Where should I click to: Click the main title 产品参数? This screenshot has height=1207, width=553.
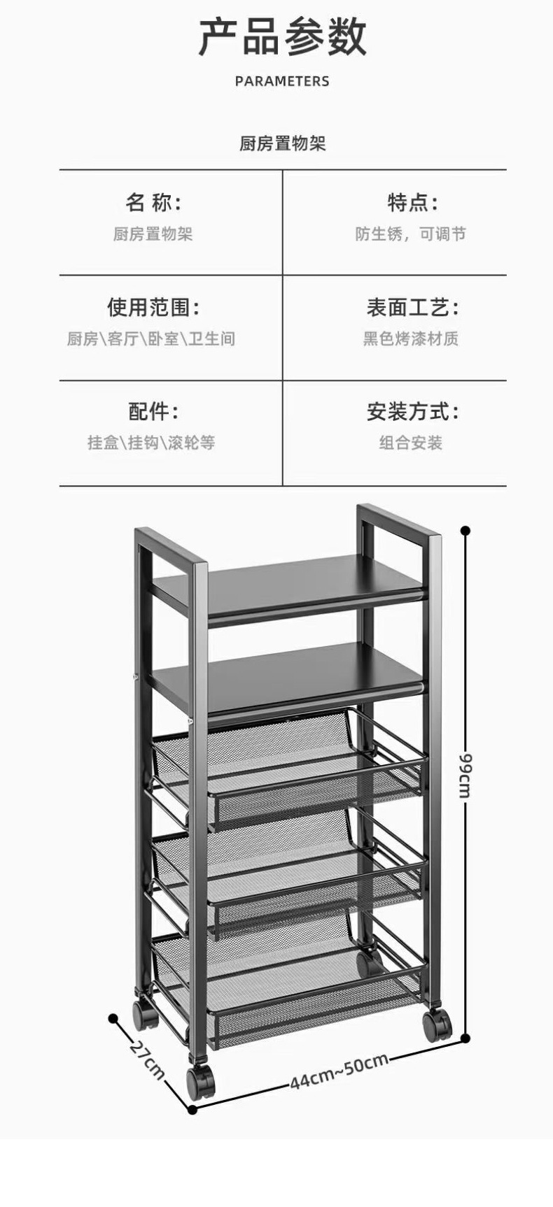[282, 38]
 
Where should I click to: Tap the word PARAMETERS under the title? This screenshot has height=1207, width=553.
[282, 81]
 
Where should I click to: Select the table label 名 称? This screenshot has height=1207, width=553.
[153, 203]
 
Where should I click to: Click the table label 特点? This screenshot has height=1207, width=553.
[412, 203]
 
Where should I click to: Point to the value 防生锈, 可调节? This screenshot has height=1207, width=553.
[410, 234]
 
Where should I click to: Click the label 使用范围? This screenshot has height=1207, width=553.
[153, 307]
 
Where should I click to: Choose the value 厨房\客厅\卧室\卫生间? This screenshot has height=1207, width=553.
[151, 339]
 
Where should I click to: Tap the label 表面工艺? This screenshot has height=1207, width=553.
[412, 307]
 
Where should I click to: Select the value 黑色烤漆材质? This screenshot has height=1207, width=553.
[410, 339]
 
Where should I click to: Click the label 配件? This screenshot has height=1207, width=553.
[153, 411]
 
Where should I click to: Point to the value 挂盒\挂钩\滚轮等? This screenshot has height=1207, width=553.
[151, 443]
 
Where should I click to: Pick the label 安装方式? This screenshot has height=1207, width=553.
[412, 411]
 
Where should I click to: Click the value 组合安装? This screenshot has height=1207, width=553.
[410, 443]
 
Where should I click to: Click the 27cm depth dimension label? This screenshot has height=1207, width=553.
[147, 1060]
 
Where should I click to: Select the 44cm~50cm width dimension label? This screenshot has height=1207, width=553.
[339, 1071]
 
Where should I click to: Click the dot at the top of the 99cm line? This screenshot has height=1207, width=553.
[465, 531]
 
